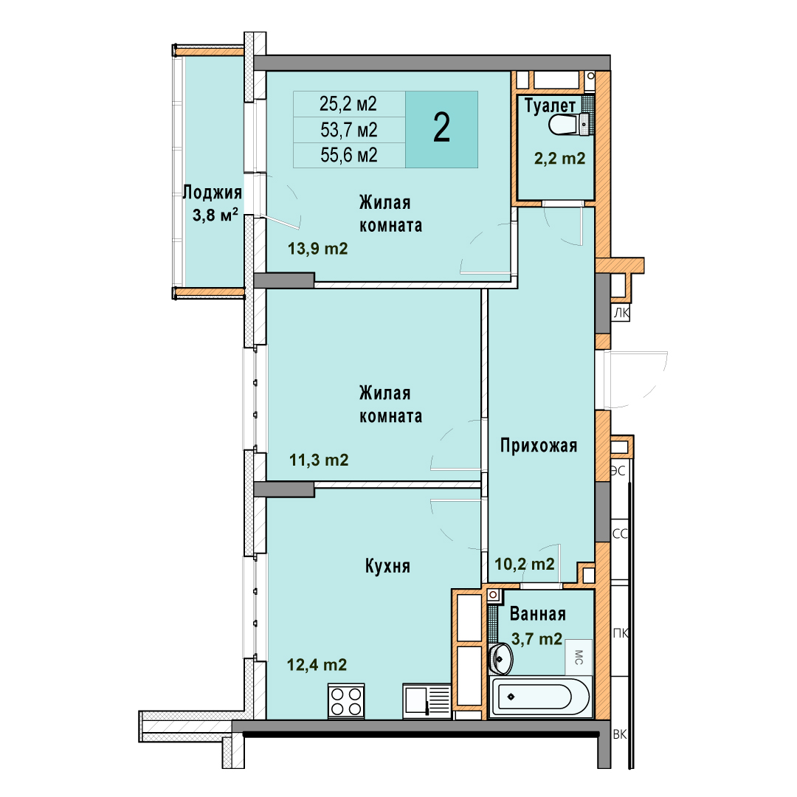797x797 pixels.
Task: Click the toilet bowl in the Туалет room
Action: coord(570,124)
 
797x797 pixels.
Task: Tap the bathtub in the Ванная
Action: coord(540,697)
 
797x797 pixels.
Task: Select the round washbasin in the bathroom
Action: coord(500,658)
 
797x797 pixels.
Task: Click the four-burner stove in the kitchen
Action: coord(346,701)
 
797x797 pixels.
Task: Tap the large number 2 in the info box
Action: coord(442,128)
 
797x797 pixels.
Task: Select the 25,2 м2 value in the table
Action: coord(348,104)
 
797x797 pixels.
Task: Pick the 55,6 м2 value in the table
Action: coord(348,155)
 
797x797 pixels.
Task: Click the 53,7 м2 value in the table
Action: coord(348,130)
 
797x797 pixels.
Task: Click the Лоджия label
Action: coord(212,193)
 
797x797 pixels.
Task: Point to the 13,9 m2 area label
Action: coord(317,249)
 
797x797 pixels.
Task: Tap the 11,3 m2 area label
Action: coord(319,460)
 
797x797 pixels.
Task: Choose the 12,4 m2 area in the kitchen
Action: coord(317,664)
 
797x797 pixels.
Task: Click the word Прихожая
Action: coord(539,445)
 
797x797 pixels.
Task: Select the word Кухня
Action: coord(387,566)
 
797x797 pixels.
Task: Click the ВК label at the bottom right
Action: coord(620,734)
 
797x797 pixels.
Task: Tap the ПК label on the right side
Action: coord(621,633)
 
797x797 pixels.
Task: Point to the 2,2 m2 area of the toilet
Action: coord(559,159)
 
